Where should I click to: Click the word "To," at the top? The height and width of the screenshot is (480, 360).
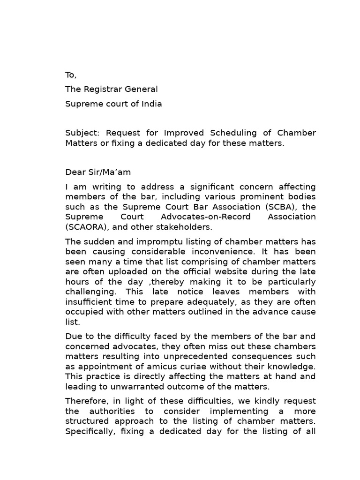point(71,75)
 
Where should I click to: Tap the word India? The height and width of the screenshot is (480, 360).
point(152,104)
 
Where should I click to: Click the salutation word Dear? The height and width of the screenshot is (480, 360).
point(75,172)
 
